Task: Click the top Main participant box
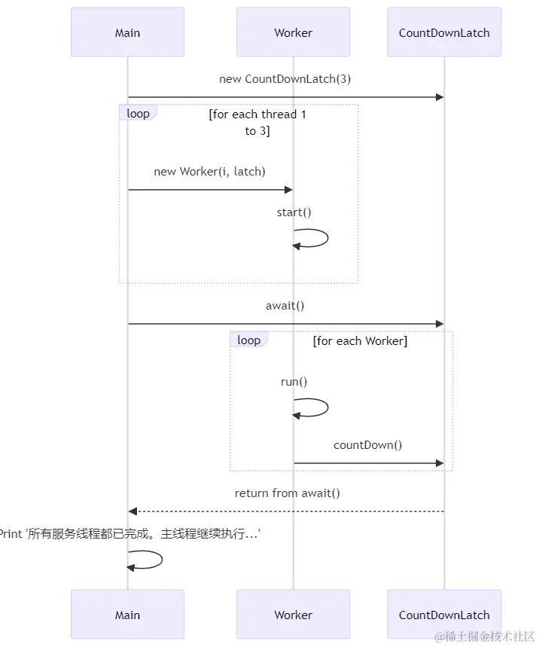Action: [x=127, y=32]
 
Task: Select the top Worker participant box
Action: [x=293, y=32]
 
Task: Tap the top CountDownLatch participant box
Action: [x=444, y=32]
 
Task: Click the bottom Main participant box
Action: [x=127, y=615]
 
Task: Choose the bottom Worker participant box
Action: [x=293, y=615]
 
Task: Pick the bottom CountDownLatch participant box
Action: [x=444, y=615]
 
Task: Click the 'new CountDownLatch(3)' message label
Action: [x=285, y=79]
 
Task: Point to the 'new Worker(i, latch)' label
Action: [x=209, y=172]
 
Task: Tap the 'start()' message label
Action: [x=294, y=212]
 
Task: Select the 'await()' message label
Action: [x=285, y=306]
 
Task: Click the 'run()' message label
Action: [x=294, y=382]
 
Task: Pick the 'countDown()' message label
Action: [x=367, y=445]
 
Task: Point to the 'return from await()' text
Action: [x=287, y=493]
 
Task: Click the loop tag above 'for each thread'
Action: [x=138, y=113]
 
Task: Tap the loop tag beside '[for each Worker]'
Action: [x=248, y=340]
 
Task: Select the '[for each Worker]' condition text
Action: [x=360, y=341]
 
